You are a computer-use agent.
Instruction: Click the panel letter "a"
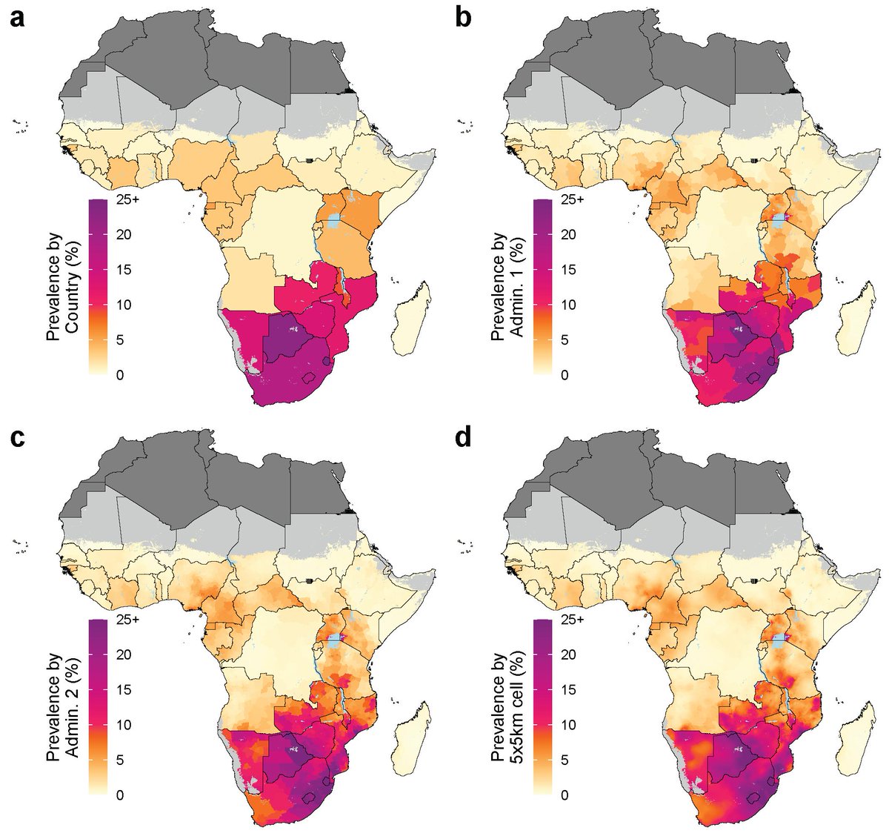pyautogui.click(x=17, y=17)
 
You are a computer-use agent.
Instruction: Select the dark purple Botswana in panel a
pyautogui.click(x=291, y=337)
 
